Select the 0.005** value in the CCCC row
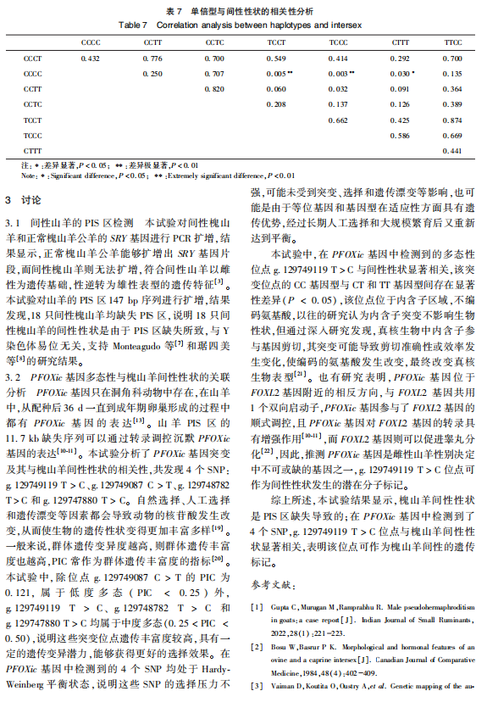pos(279,74)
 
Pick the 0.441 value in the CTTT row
pos(453,150)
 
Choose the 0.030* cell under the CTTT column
pos(402,74)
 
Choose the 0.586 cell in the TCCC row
pos(401,135)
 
